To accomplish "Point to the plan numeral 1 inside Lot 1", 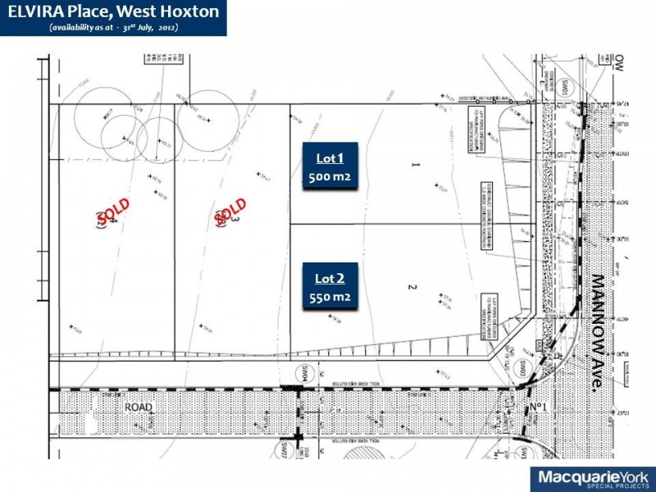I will click(415, 165).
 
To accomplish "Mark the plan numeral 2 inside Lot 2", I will click(413, 287).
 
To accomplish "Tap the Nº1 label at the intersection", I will click(538, 407).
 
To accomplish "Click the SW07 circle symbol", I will click(287, 450).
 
